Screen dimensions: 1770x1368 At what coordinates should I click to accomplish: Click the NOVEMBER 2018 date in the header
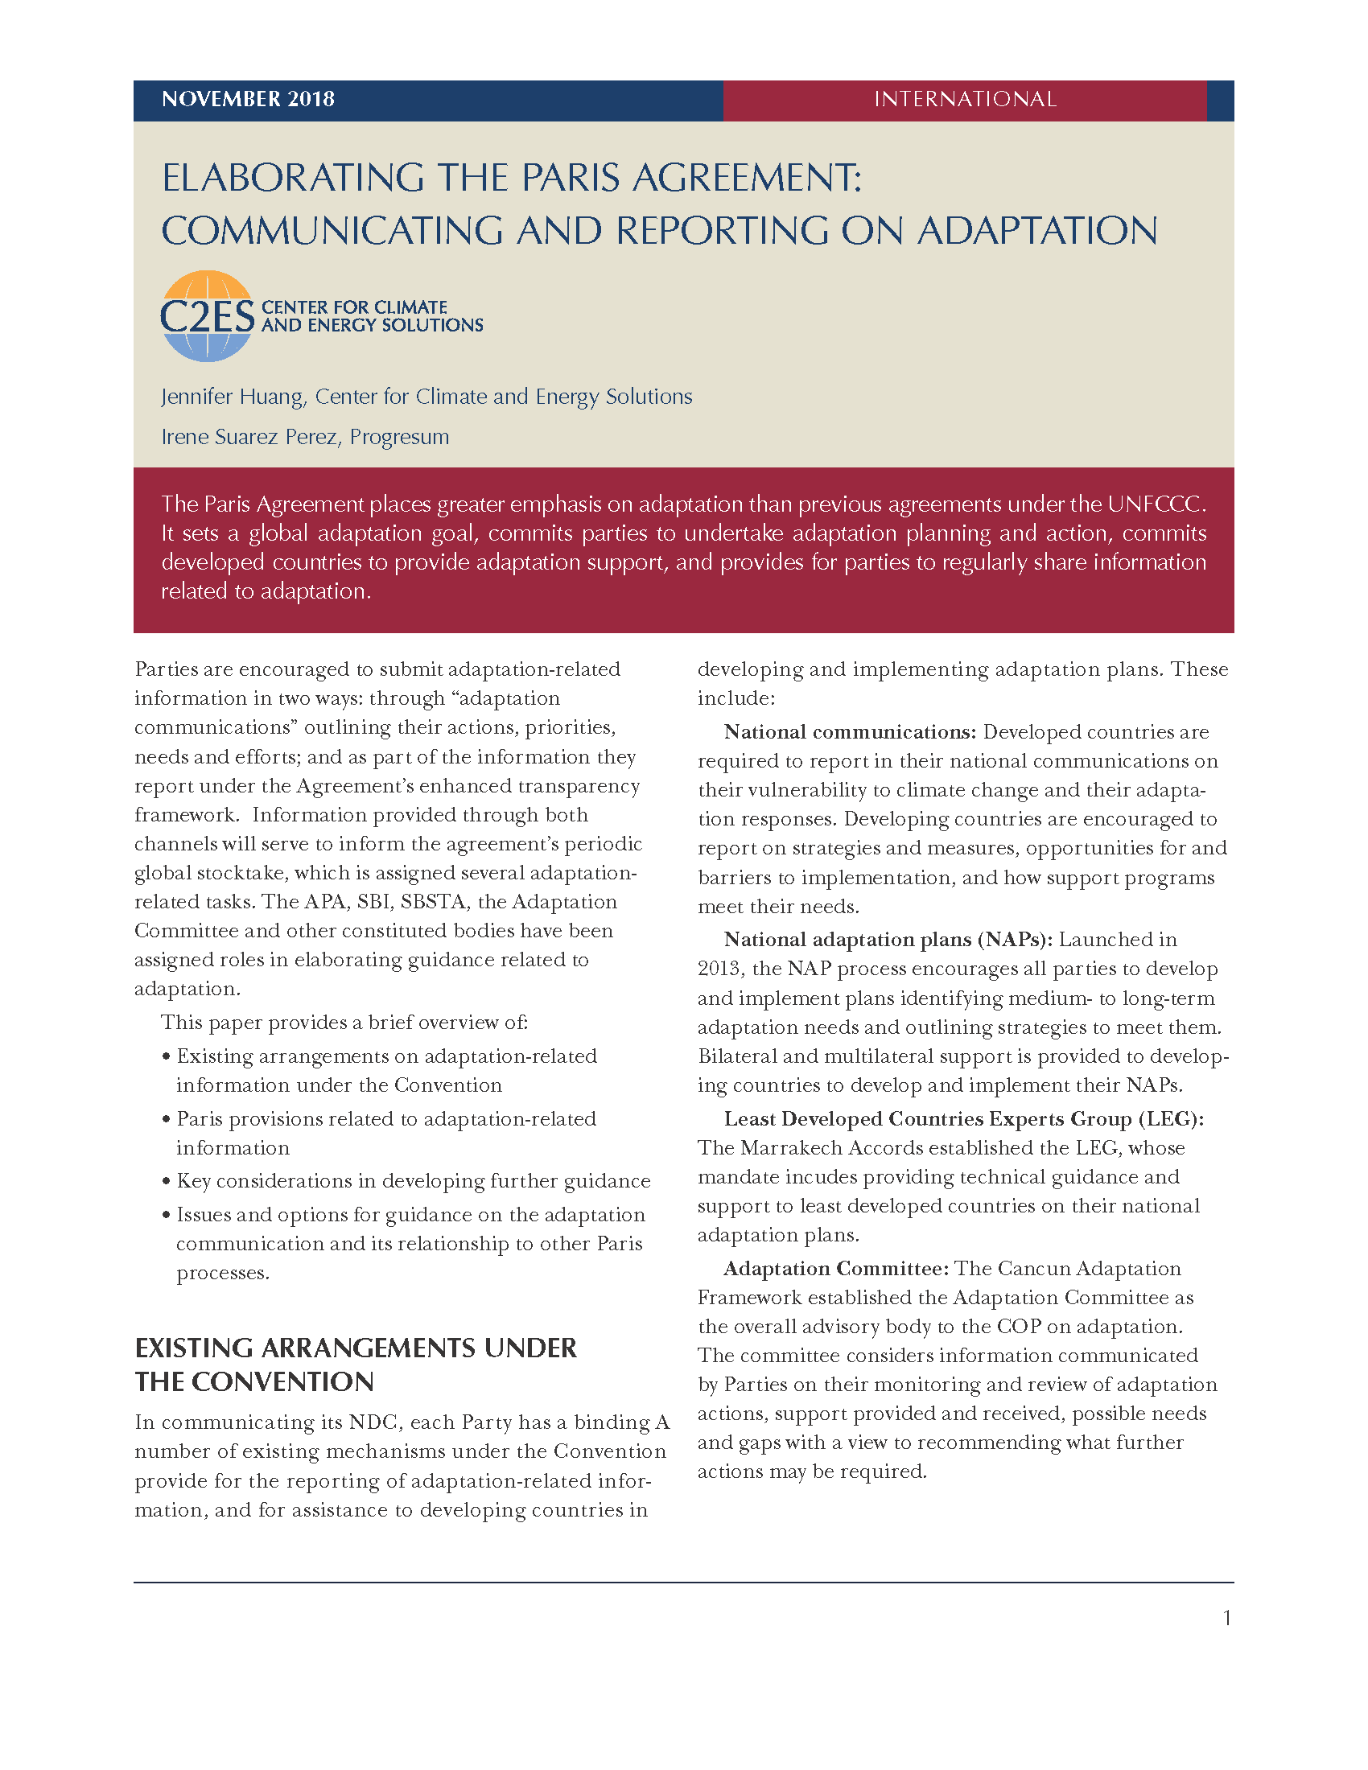tap(248, 100)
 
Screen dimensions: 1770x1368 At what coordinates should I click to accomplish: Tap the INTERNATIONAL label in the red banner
tap(964, 100)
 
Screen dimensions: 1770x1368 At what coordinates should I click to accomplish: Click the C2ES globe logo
tap(208, 316)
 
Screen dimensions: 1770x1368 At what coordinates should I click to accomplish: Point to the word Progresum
tap(400, 438)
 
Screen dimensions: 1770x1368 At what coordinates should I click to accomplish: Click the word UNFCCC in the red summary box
tap(1155, 504)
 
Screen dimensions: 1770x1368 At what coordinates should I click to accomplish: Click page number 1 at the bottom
tap(1227, 1619)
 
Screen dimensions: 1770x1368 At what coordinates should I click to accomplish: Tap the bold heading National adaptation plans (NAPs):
tap(888, 939)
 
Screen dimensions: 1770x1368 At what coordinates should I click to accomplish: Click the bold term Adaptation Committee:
tap(835, 1268)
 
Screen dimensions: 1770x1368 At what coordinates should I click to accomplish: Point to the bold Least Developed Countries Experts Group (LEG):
tap(963, 1119)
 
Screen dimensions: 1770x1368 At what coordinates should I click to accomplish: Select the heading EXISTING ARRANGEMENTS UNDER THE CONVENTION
tap(356, 1365)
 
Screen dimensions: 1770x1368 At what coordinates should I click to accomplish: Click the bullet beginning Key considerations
tap(414, 1181)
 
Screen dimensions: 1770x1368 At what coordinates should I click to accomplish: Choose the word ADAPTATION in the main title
tap(1037, 231)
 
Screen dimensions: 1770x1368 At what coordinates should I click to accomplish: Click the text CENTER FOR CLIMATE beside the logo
tap(354, 307)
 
